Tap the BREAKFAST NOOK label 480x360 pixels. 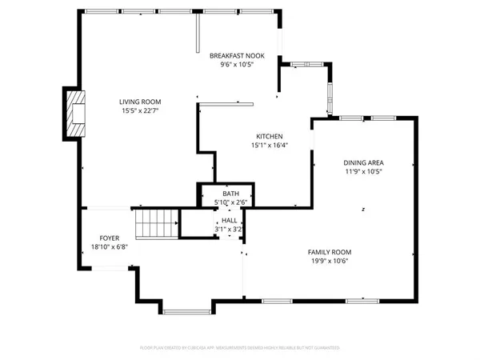(238, 55)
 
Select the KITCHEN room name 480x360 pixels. (269, 136)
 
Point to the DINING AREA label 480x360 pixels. (363, 162)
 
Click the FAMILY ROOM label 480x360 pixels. (330, 252)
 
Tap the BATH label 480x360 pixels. (230, 194)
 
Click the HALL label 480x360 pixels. (230, 219)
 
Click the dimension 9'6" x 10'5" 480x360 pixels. (238, 65)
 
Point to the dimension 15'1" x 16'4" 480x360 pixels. (269, 146)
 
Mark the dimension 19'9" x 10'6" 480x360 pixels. (330, 262)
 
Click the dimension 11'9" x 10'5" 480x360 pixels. (363, 171)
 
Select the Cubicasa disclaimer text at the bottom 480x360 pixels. (239, 348)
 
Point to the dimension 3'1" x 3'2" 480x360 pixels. (230, 229)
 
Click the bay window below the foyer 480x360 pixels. (175, 307)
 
